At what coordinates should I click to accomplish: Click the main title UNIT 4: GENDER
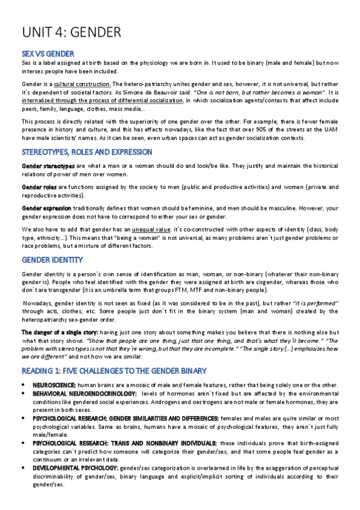point(72,32)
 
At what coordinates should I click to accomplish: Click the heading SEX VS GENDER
point(47,54)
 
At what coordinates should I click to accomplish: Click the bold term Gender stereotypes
point(48,165)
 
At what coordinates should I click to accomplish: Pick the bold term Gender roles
point(40,187)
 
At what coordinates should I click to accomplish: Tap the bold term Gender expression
point(46,207)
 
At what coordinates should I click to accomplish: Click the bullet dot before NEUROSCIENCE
point(23,384)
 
